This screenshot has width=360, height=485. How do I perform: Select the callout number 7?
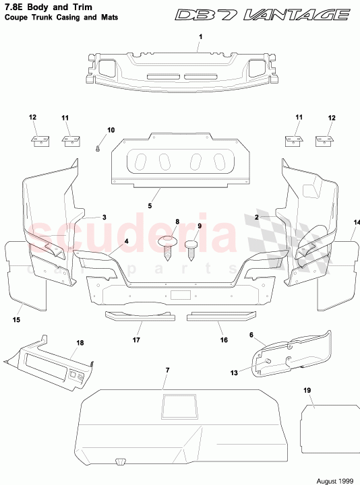click(x=167, y=370)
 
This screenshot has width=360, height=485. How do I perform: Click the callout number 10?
click(x=111, y=129)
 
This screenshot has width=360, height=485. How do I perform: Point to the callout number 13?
click(x=235, y=373)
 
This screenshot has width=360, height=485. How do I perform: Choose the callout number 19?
click(x=307, y=391)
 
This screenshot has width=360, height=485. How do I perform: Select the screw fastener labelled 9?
click(x=191, y=247)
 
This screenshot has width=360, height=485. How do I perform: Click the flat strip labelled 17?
click(x=139, y=315)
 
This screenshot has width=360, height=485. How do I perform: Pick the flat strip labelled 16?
click(x=220, y=315)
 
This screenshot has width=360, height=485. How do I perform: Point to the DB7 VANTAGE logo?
click(x=264, y=15)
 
